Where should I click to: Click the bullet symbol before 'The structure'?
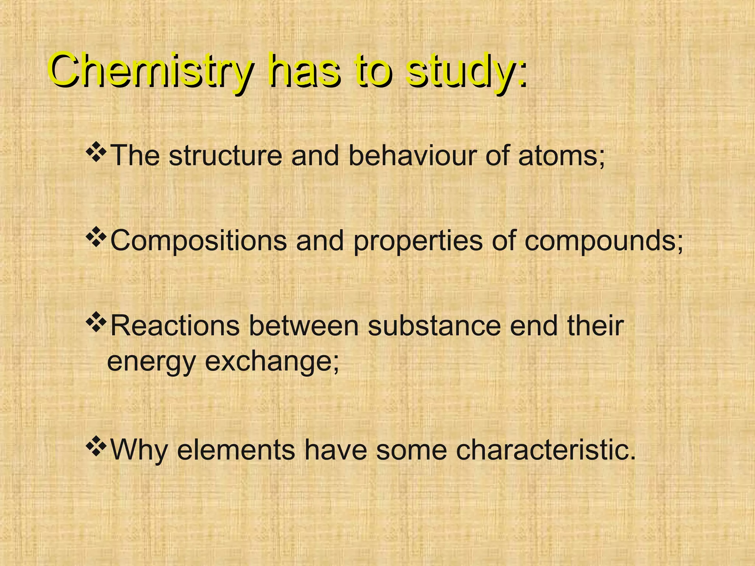point(96,153)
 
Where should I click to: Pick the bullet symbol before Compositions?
point(96,238)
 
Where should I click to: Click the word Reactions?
point(175,326)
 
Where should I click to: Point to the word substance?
point(434,326)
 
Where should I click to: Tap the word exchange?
point(271,362)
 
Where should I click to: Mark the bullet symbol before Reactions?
point(96,322)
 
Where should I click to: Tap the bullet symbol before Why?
point(96,446)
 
